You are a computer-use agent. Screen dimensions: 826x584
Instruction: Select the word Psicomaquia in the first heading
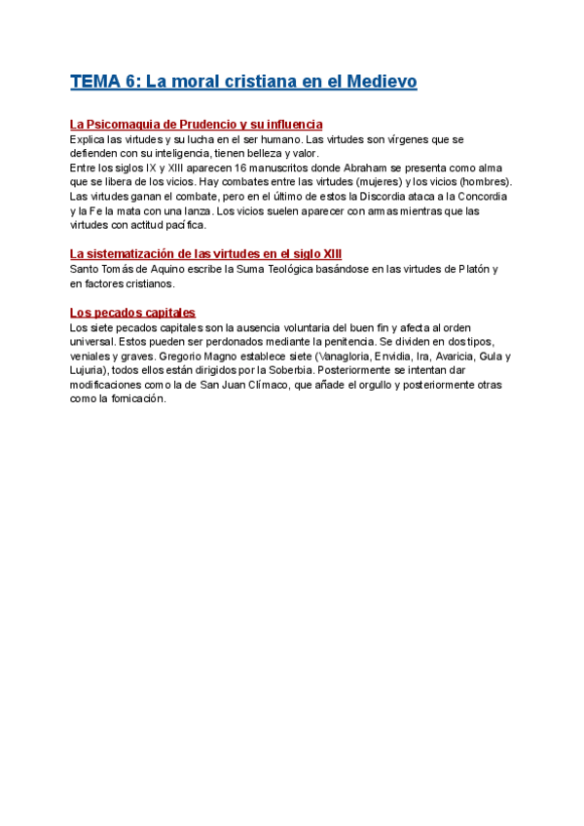(x=122, y=125)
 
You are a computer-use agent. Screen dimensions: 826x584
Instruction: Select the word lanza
(x=194, y=210)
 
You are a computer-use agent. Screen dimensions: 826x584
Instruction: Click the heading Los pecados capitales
(x=132, y=313)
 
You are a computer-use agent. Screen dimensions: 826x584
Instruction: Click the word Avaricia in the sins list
(x=422, y=357)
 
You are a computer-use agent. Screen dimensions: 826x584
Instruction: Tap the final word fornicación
(x=136, y=399)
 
